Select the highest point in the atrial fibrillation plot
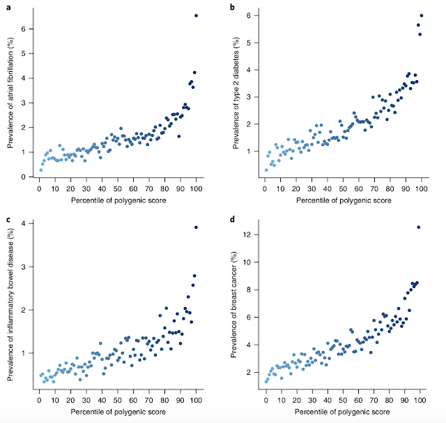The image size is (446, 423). (x=197, y=15)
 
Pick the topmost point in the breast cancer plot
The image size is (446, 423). (x=419, y=227)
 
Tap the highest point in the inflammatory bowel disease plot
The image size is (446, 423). (x=196, y=228)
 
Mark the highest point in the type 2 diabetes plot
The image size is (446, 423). (x=421, y=15)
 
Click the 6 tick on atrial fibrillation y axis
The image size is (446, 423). (x=24, y=29)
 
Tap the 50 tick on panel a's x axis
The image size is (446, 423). (x=118, y=189)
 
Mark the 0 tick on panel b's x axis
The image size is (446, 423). (x=265, y=189)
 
